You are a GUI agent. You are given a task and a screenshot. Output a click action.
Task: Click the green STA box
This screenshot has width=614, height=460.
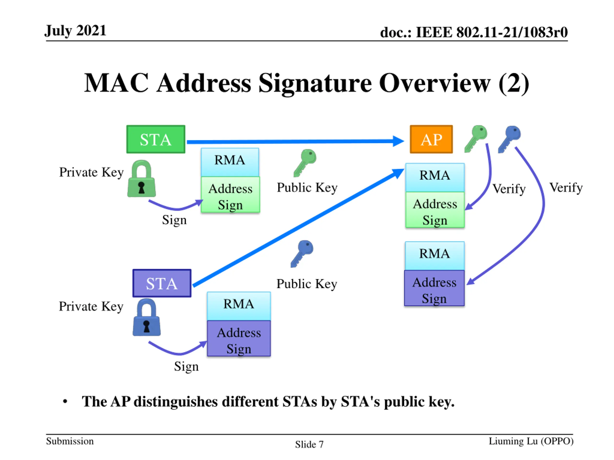156,139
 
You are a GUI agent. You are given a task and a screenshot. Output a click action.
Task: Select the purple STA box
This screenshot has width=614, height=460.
162,283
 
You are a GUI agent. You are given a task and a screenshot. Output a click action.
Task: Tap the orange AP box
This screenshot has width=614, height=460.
431,139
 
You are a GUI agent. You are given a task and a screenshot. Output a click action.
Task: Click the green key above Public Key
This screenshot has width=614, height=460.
305,162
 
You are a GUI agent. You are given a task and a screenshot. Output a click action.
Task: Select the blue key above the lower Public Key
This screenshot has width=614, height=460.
302,253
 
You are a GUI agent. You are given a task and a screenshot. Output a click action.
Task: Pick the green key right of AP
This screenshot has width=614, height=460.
476,138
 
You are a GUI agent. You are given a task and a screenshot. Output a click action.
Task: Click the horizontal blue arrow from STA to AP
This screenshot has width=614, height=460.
294,142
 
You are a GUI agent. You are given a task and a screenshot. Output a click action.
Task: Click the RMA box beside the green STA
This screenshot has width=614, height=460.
230,162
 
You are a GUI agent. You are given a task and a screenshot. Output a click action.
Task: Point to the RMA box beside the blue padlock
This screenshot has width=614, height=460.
239,306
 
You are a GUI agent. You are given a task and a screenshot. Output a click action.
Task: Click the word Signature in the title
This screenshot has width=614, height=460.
315,83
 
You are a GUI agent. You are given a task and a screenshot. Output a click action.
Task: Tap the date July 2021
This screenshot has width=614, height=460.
76,30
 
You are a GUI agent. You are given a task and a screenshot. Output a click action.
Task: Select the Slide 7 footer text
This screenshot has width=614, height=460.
309,444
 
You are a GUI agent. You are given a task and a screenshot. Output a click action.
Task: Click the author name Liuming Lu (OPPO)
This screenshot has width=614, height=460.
531,441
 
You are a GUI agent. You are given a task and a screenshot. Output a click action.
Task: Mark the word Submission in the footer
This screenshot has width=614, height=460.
70,441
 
